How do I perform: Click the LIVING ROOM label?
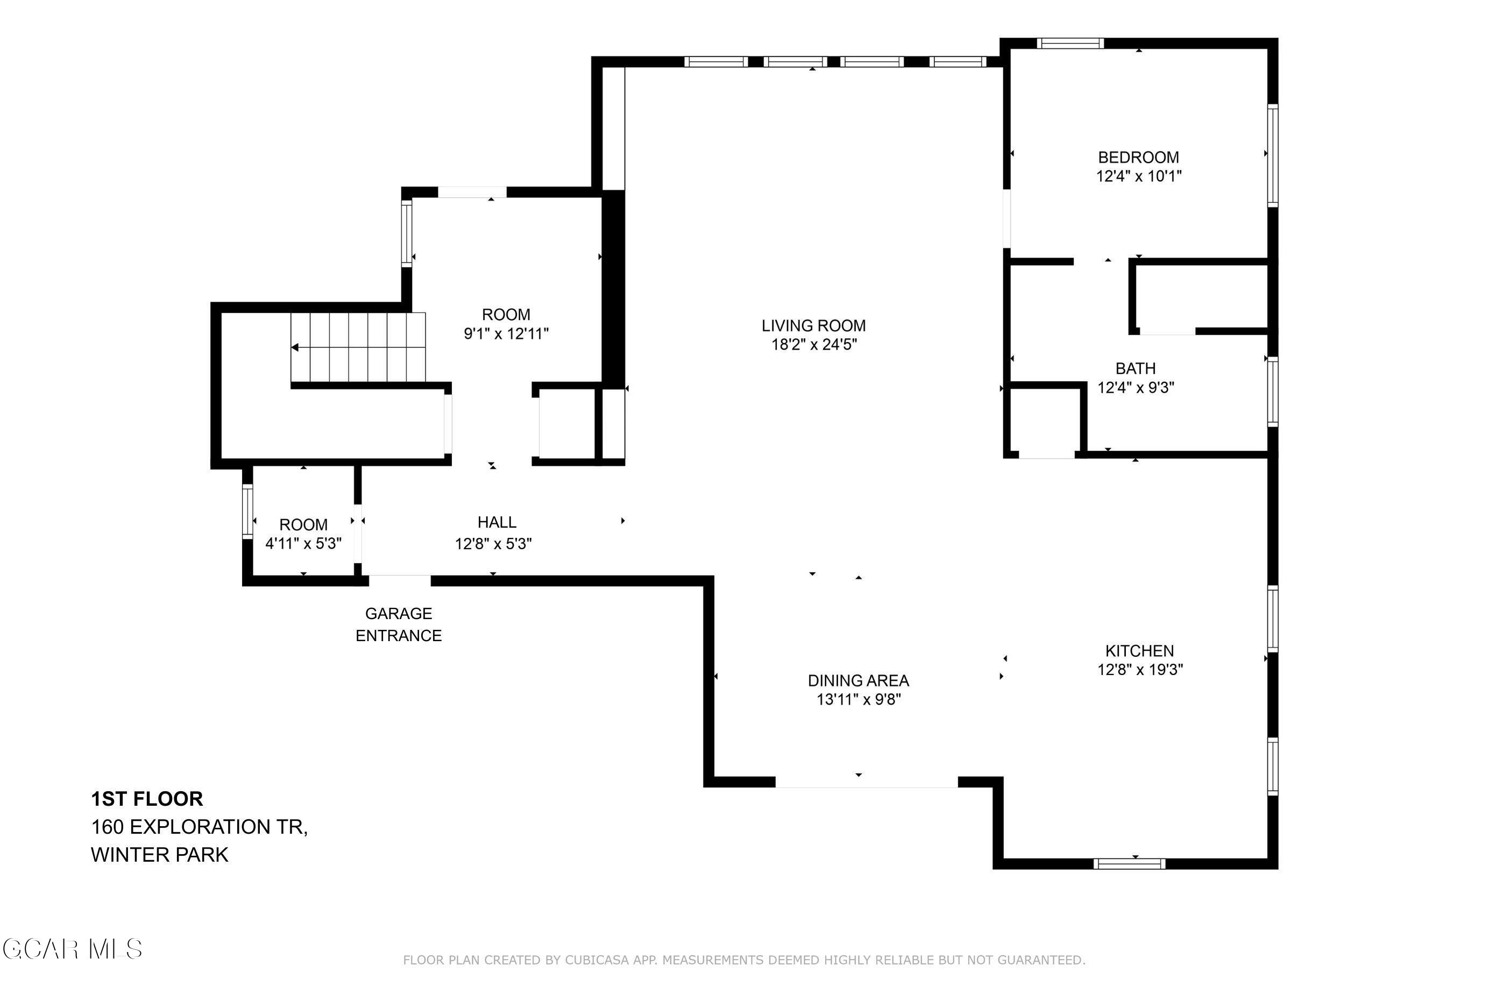click(813, 326)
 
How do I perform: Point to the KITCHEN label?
click(1139, 650)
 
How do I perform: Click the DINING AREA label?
click(859, 680)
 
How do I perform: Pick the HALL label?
click(497, 522)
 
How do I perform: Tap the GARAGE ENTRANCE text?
click(398, 624)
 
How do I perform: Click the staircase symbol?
click(358, 347)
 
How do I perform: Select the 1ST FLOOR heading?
click(147, 799)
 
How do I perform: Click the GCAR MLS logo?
click(72, 949)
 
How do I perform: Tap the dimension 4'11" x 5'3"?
click(303, 544)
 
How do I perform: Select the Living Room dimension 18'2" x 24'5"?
click(814, 345)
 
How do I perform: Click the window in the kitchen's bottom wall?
click(1130, 863)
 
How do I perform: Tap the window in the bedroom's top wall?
click(1070, 43)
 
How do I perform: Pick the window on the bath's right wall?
click(1272, 391)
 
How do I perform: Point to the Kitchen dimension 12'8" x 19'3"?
click(1140, 670)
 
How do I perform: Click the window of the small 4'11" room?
click(247, 512)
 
